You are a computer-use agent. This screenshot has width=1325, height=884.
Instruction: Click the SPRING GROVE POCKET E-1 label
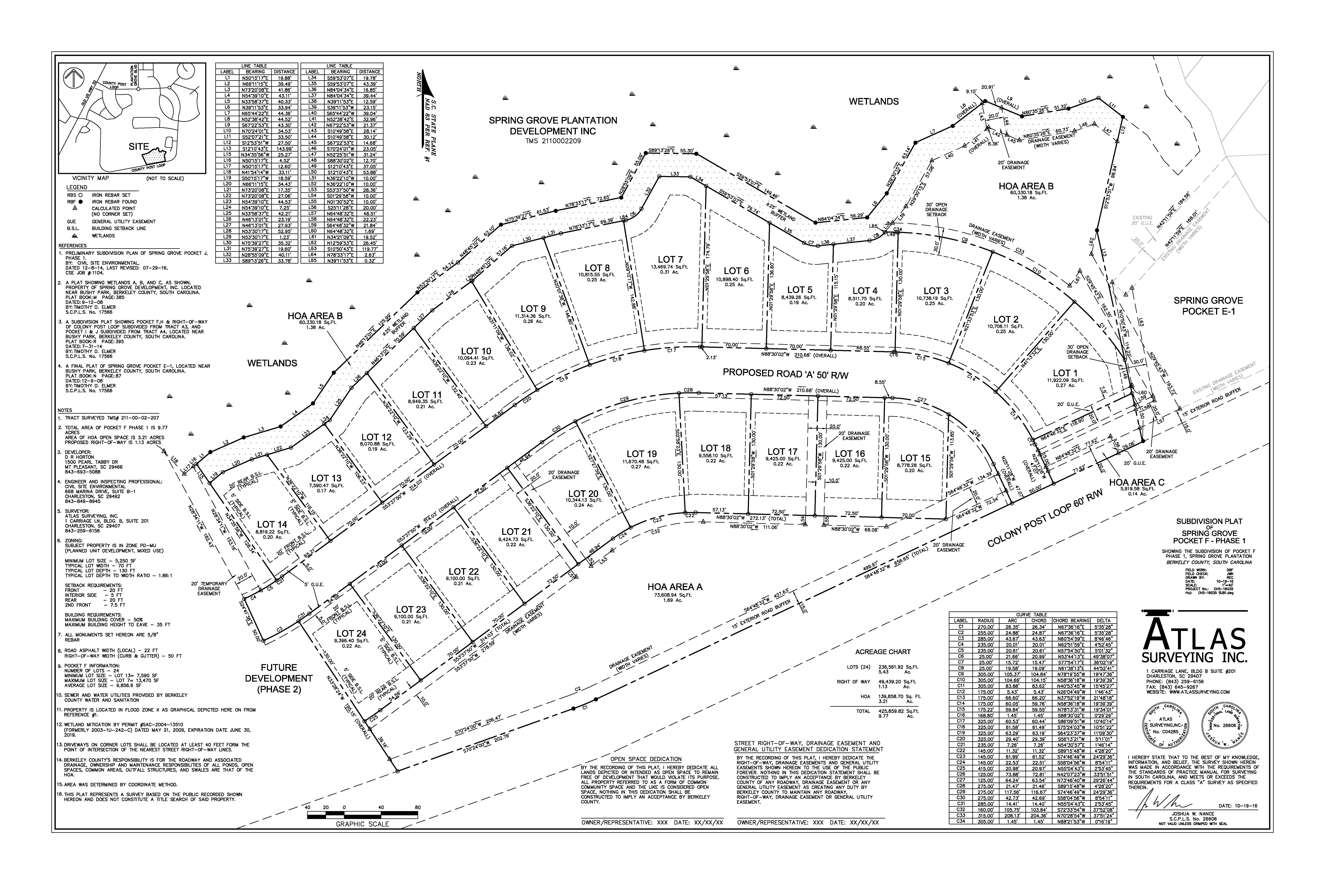tap(1208, 306)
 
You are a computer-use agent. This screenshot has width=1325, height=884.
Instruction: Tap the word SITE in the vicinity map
tap(139, 146)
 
